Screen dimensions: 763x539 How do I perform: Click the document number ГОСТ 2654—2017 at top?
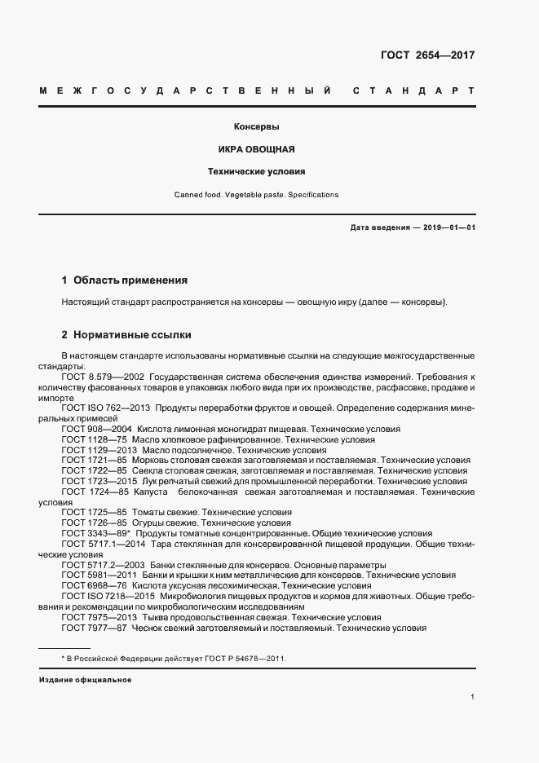427,55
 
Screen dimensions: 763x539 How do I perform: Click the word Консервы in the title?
257,128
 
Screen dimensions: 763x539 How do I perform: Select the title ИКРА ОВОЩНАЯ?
257,150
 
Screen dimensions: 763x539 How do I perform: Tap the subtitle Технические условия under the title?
257,172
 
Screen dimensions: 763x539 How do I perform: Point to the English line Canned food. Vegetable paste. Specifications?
257,195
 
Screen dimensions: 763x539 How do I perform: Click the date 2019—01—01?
448,228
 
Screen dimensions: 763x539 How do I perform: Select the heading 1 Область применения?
124,280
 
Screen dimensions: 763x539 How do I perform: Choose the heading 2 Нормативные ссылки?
126,335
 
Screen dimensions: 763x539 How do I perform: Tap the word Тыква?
155,618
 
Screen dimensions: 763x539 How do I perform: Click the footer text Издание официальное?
85,680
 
